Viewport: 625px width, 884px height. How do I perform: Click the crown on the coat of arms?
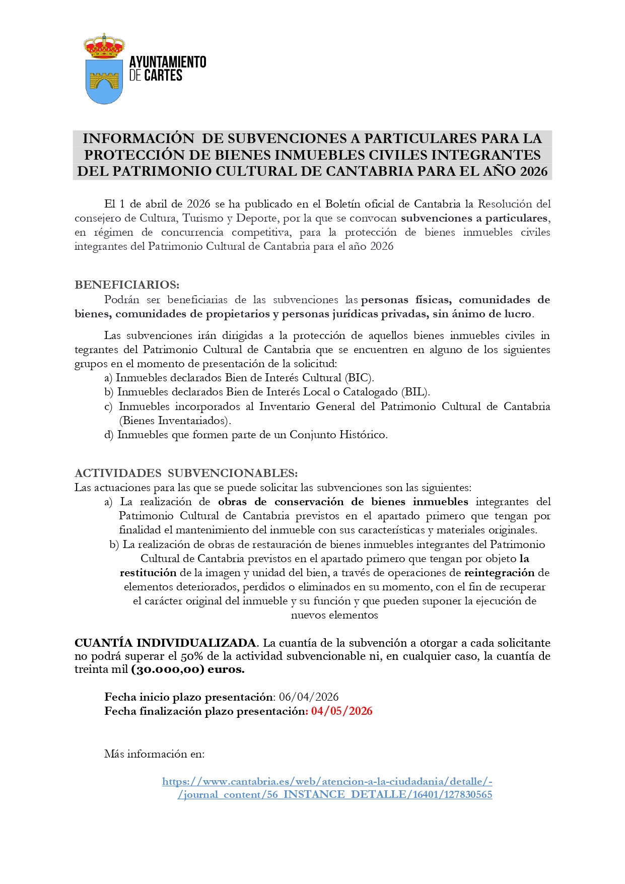pos(104,46)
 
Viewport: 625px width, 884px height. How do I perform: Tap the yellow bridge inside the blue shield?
pos(104,79)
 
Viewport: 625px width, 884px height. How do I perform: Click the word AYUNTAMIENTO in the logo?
pos(168,62)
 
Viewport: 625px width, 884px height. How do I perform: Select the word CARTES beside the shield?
pos(163,76)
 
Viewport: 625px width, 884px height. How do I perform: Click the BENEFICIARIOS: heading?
pos(127,285)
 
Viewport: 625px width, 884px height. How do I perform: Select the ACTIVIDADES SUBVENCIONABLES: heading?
pos(186,473)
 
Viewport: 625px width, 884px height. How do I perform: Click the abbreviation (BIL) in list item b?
pos(415,392)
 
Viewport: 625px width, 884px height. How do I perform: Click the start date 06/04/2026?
pos(309,697)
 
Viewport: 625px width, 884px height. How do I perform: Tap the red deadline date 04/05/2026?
pos(342,711)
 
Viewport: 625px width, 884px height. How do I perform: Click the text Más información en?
pos(154,754)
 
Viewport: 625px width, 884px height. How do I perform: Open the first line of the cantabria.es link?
pos(327,782)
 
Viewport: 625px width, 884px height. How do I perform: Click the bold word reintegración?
pos(499,573)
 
